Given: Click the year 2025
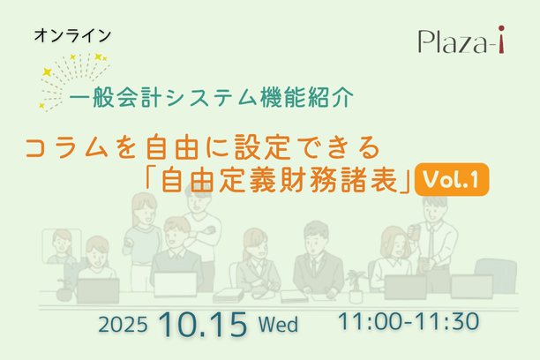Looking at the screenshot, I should tap(128, 324).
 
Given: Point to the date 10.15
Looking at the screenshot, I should tap(203, 322).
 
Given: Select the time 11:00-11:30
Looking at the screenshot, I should tap(409, 321).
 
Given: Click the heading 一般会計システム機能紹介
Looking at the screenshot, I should tap(211, 95).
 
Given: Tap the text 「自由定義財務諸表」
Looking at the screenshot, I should tap(279, 179).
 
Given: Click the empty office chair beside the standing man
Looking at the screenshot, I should tap(495, 271).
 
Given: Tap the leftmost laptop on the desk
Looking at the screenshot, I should tap(97, 289).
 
